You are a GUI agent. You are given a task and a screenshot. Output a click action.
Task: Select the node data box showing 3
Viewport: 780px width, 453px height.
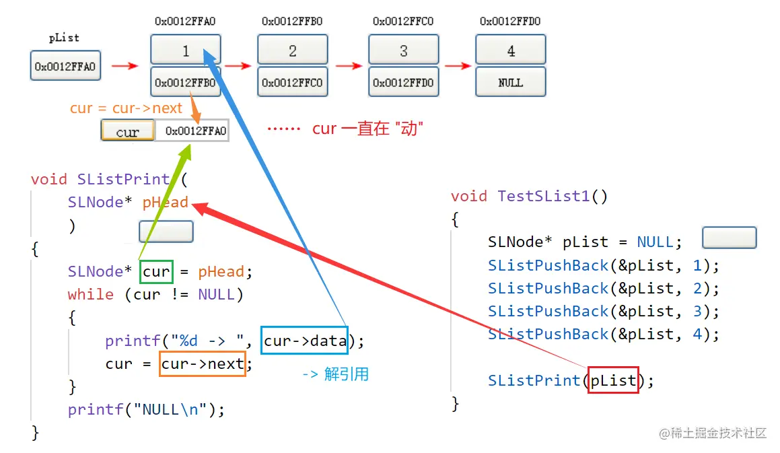click(403, 50)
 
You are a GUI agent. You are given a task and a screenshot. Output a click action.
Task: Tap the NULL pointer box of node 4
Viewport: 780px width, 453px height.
click(510, 82)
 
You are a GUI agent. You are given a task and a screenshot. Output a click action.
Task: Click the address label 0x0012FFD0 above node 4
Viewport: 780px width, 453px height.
click(510, 22)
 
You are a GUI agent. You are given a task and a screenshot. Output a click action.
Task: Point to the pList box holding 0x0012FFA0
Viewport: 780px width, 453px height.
click(65, 66)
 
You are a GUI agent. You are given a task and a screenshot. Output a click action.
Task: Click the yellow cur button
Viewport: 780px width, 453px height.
click(127, 131)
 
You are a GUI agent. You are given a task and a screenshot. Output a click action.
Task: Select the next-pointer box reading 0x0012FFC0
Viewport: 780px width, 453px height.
click(292, 82)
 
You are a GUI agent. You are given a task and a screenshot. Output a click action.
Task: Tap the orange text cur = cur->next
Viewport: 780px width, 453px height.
click(126, 108)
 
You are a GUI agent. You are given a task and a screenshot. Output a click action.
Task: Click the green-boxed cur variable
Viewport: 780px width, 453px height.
click(157, 272)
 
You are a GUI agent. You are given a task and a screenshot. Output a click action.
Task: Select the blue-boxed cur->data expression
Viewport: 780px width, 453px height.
click(305, 341)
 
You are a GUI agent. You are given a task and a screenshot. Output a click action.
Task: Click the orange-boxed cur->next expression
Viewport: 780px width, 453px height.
click(203, 363)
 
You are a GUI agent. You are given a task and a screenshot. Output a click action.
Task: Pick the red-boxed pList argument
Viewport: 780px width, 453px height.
click(613, 381)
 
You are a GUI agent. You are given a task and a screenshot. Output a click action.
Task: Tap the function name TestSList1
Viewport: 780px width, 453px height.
click(544, 196)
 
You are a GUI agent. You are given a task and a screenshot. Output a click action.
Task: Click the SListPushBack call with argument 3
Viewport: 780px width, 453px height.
click(603, 311)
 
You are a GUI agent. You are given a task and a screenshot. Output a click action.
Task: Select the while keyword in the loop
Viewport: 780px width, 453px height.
click(90, 295)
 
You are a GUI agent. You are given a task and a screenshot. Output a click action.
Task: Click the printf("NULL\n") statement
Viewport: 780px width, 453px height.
click(146, 409)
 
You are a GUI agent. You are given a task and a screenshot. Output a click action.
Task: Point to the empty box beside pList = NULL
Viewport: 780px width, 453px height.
click(729, 238)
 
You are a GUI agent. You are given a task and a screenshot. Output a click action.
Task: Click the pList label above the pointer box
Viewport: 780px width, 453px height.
click(64, 38)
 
